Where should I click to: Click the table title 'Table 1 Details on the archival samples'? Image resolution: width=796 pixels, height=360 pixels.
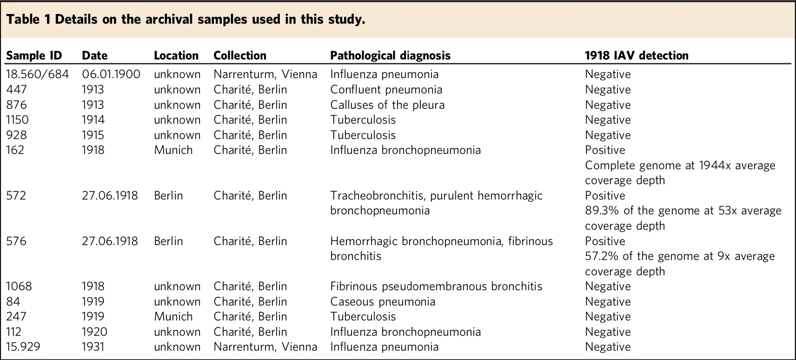point(186,20)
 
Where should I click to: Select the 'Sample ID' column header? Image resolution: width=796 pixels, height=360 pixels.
point(33,56)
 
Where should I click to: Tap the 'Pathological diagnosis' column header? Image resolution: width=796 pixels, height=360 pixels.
point(390,56)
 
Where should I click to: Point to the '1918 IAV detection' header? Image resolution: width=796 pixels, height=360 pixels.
point(637,56)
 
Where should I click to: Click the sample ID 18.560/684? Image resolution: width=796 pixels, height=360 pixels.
point(37,74)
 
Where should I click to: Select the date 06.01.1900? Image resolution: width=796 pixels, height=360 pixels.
point(111,74)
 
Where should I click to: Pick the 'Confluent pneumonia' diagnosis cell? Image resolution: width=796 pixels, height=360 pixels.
point(386,90)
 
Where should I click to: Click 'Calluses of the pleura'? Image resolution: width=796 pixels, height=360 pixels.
point(387,105)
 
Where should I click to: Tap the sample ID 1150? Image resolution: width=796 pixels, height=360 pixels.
point(17,120)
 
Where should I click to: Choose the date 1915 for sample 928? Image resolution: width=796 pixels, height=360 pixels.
point(93,135)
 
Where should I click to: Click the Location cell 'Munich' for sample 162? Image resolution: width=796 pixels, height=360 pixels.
point(173,150)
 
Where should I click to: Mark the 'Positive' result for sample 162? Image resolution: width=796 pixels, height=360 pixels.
point(605,150)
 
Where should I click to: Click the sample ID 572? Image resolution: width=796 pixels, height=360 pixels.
point(16,196)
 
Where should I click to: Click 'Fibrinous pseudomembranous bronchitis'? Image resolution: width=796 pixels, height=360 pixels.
point(436,287)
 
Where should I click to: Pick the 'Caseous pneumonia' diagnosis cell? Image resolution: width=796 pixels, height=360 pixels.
point(383,302)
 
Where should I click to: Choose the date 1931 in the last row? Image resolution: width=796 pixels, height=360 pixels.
point(93,347)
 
